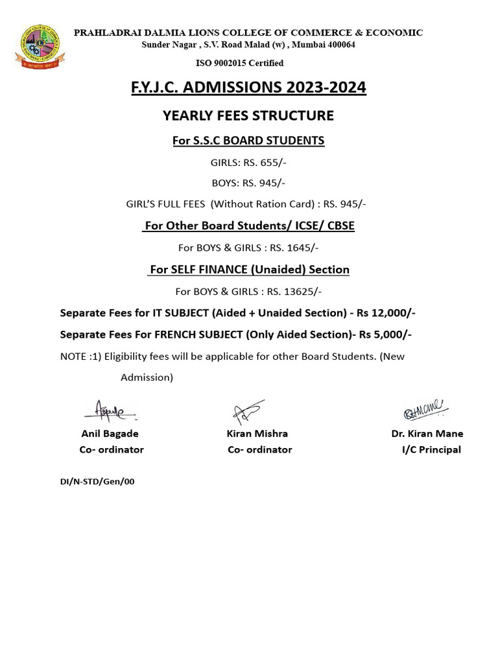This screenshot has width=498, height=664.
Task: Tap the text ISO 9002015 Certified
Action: coord(240,63)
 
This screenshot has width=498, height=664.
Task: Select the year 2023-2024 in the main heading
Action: coord(327,88)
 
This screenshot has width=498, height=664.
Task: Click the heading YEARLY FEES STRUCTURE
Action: coord(248,115)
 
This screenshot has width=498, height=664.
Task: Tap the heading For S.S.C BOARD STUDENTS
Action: coord(248,140)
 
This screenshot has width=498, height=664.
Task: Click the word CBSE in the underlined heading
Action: coord(339,226)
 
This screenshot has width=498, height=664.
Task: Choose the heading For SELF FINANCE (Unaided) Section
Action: coord(249,269)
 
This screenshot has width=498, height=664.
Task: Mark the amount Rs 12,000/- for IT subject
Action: coord(386,313)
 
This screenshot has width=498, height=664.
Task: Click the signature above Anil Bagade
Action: coord(109,409)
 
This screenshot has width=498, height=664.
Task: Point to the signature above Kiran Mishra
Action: coord(248,411)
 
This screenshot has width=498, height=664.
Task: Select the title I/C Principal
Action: coord(431,449)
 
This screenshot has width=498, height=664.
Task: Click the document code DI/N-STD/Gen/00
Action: coord(97,482)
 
